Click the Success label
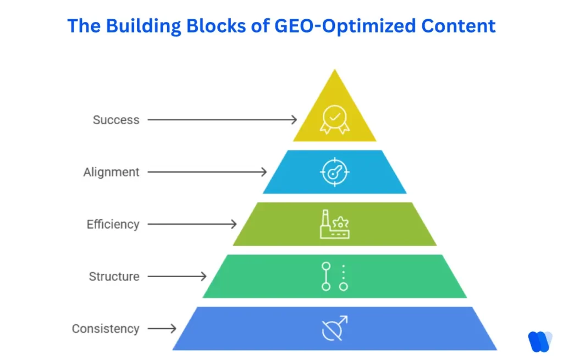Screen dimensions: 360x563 [x=116, y=120]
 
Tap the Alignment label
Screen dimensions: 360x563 [x=112, y=172]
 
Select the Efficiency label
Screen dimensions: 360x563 [x=113, y=224]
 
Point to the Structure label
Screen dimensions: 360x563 [x=114, y=276]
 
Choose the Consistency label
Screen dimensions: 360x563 [x=106, y=329]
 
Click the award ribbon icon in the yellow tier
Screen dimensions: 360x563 [x=334, y=119]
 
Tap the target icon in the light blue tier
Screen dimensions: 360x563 [x=334, y=172]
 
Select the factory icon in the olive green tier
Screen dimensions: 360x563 [x=334, y=224]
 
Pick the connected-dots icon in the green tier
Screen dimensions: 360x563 [x=334, y=276]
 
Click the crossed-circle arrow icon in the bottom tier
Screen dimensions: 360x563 [x=334, y=328]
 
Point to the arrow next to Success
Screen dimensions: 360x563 [x=222, y=119]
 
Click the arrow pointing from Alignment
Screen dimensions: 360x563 [x=207, y=172]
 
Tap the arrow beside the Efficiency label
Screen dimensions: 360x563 [x=192, y=224]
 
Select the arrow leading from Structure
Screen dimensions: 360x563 [x=177, y=276]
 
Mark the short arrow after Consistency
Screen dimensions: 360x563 [x=162, y=329]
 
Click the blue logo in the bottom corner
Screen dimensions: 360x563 [x=539, y=341]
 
